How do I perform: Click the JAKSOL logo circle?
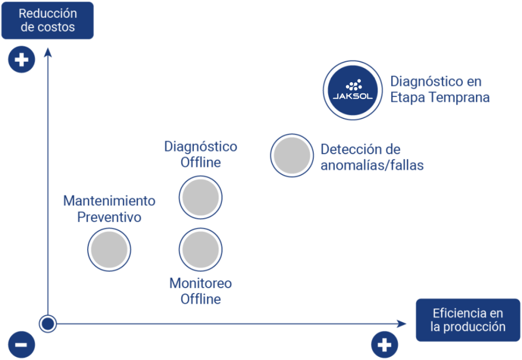coord(353,90)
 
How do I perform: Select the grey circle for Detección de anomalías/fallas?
coord(291,155)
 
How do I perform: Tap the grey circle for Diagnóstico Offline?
coord(201,197)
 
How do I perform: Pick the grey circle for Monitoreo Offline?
coord(201,250)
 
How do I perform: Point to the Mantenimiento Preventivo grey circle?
coord(109,250)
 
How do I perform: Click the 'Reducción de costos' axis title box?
coord(47,20)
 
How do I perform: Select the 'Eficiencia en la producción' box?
coord(468,320)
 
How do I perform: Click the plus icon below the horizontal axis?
coord(384,345)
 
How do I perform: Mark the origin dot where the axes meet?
coord(48,323)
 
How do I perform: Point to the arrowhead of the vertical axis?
coord(48,51)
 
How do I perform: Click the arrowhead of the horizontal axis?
coord(402,323)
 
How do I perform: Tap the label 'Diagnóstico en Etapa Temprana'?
coord(439,89)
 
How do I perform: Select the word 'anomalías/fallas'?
coord(372,165)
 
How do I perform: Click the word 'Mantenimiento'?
coord(109,201)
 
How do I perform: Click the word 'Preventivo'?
coord(109,217)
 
